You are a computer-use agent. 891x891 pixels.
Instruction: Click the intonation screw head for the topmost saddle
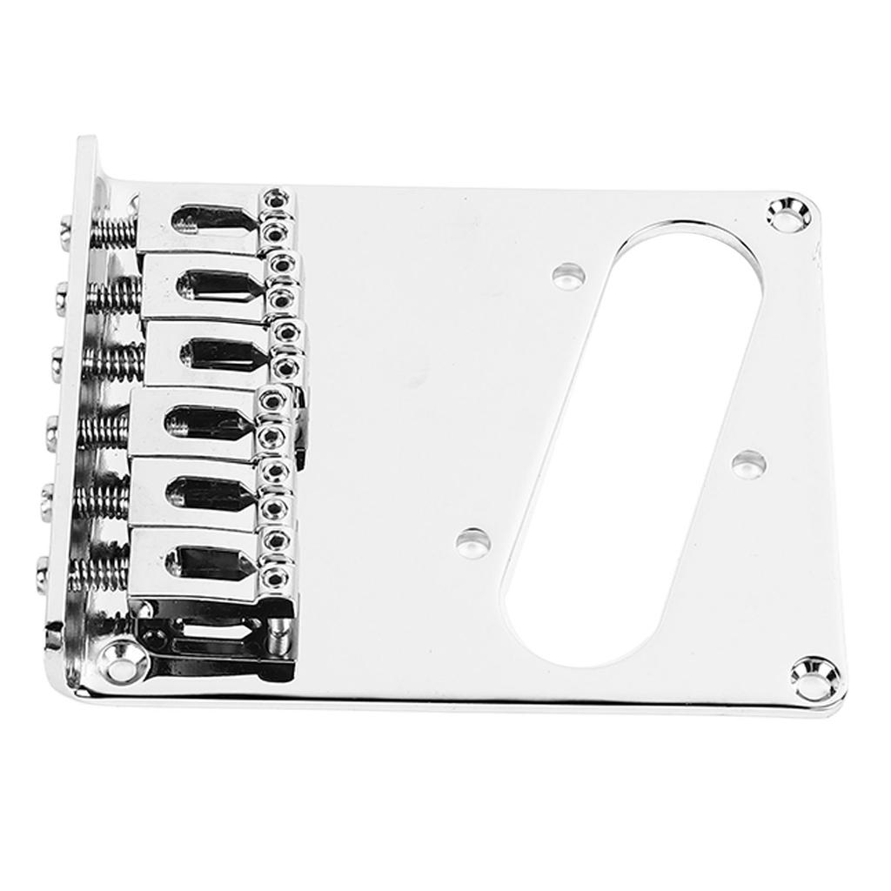[x=66, y=231]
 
